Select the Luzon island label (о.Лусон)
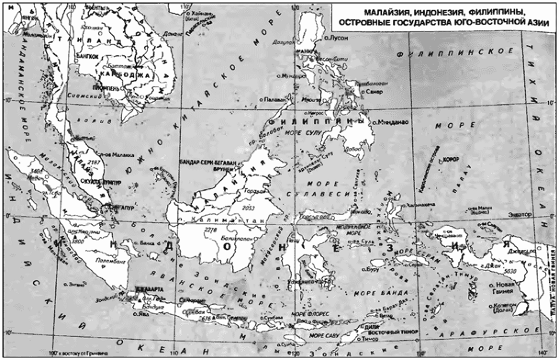(x=337, y=38)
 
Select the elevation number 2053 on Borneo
(x=249, y=207)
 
